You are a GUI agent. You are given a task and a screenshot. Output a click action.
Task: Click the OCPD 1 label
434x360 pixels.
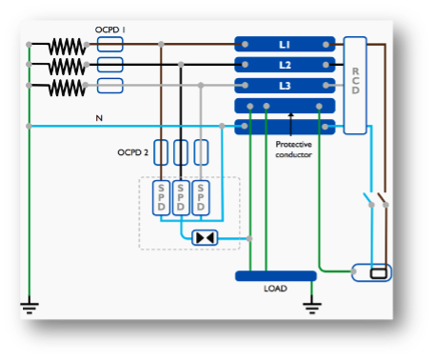click(110, 30)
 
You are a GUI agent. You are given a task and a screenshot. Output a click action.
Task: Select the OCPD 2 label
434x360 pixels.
click(132, 152)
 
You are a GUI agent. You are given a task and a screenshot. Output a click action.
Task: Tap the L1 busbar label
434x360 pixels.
click(285, 45)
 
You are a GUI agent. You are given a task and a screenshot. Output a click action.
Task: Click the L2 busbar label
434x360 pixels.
click(285, 65)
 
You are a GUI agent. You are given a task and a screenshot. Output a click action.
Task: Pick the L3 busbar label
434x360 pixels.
click(285, 86)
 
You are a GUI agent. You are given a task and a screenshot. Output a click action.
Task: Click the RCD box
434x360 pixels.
click(355, 86)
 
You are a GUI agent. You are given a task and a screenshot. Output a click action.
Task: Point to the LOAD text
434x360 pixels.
click(275, 289)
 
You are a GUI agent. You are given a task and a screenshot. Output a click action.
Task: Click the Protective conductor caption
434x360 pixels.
click(293, 150)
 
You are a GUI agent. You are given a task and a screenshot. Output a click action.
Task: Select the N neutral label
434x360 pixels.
click(99, 118)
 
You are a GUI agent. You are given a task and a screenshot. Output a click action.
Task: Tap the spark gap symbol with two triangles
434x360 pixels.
click(205, 238)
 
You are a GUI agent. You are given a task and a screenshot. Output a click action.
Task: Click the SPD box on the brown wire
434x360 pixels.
click(161, 198)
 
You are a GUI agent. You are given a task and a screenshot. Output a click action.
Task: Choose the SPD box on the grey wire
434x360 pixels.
click(201, 198)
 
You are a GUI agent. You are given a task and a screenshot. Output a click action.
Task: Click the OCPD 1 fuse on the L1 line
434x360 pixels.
click(109, 45)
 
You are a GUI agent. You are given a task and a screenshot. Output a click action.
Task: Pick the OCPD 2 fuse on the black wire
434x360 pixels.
click(181, 152)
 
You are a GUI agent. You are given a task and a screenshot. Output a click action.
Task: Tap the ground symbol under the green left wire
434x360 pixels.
click(30, 308)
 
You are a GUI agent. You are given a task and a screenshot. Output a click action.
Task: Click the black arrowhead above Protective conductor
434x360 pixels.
click(290, 115)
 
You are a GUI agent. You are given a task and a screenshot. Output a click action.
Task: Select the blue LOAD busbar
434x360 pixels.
click(276, 276)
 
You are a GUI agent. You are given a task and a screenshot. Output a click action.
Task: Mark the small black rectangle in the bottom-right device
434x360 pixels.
click(379, 273)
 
